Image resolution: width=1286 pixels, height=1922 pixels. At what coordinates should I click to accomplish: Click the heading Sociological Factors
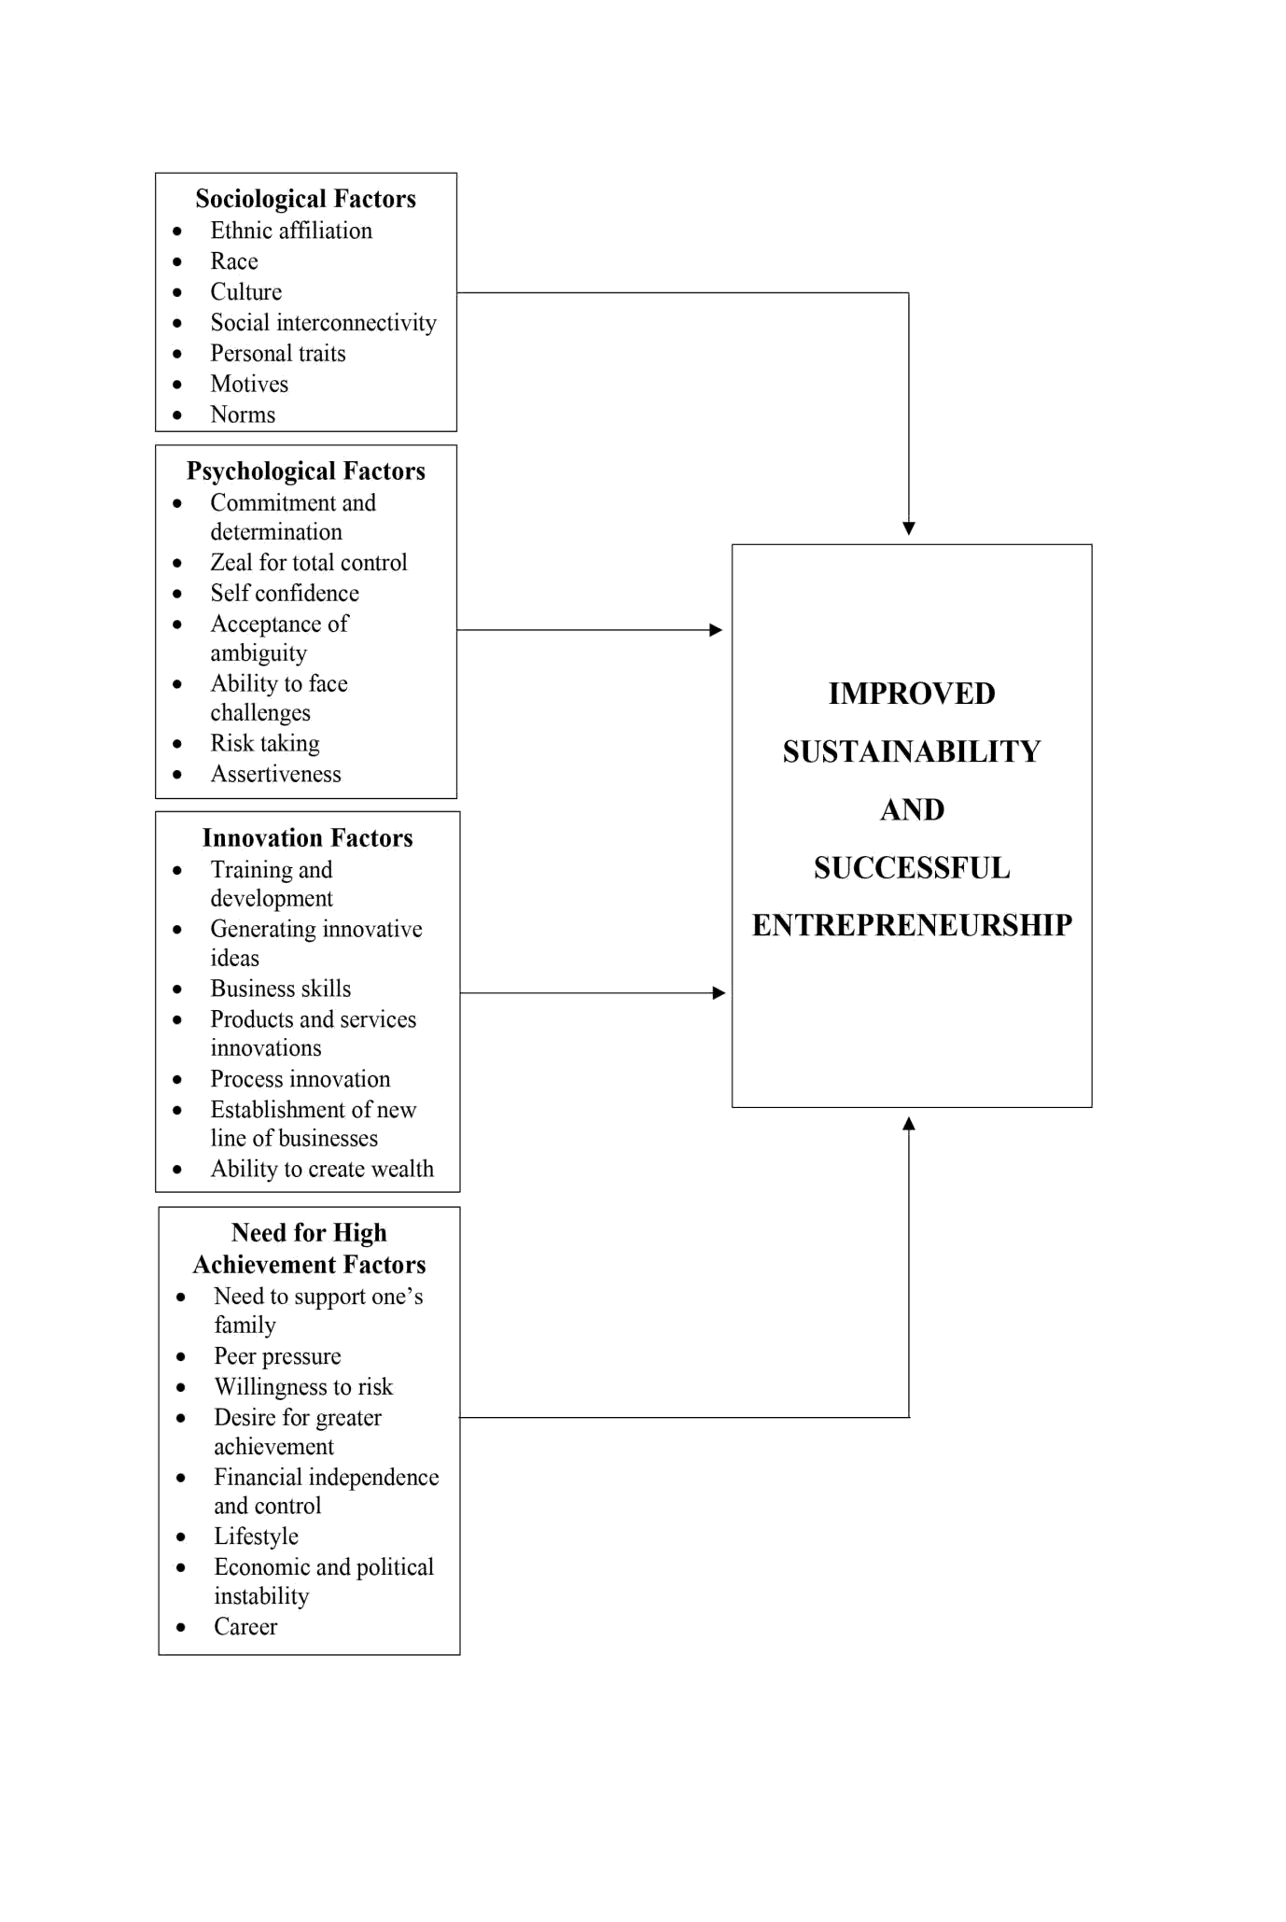coord(305,199)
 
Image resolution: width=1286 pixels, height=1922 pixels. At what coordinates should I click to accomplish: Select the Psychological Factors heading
coord(305,471)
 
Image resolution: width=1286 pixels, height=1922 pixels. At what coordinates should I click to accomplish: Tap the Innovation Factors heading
coord(307,838)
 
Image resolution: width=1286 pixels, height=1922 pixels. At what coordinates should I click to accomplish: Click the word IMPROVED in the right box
coord(912,694)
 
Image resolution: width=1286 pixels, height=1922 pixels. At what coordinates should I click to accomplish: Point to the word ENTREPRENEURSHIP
coord(912,925)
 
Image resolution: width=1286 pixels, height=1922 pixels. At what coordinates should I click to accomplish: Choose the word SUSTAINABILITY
coord(912,751)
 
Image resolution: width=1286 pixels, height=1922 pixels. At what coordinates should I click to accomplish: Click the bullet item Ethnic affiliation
coord(291,231)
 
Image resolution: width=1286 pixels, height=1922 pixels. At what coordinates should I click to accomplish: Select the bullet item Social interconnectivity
coord(323,323)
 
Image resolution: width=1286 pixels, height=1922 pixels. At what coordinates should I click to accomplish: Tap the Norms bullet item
coord(243,414)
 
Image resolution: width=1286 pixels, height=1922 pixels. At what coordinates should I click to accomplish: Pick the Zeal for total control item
coord(309,563)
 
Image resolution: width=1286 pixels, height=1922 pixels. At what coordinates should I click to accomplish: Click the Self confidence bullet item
coord(285,594)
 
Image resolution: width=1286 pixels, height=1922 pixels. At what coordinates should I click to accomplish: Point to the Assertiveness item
coord(275,775)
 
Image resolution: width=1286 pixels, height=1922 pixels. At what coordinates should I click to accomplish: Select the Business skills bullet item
coord(281,989)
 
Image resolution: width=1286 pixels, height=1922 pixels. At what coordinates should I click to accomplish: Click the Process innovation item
coord(301,1079)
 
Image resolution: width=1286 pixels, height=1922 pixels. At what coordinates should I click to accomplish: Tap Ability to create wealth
coord(322,1170)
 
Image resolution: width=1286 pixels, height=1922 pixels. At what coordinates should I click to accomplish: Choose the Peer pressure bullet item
coord(277,1356)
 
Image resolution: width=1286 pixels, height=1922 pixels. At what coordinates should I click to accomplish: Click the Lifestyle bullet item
coord(256,1536)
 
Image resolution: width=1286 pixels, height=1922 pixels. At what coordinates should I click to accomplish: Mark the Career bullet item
coord(245,1627)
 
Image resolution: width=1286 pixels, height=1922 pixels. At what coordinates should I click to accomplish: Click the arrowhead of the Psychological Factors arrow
coord(716,630)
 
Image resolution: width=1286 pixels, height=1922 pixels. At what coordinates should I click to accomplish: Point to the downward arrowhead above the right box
coord(909,528)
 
